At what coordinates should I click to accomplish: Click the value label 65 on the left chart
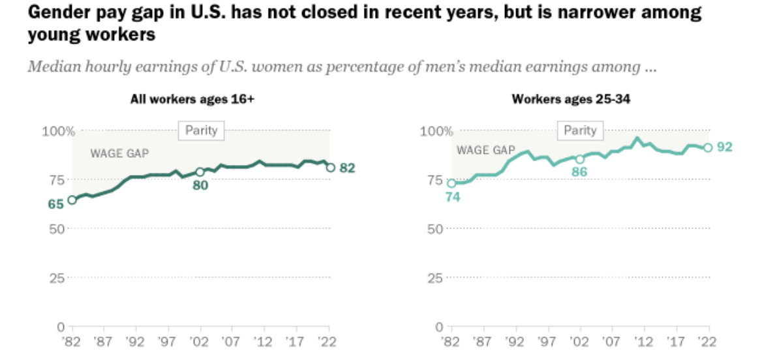55,204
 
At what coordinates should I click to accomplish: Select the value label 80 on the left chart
199,185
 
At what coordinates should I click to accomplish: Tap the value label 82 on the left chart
347,168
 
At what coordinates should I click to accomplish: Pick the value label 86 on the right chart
580,173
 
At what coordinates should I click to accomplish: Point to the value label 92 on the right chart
724,147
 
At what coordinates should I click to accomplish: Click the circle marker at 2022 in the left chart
330,168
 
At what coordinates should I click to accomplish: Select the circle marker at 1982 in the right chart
451,183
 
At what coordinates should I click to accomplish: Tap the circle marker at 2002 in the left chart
200,172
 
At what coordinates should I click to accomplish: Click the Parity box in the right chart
580,130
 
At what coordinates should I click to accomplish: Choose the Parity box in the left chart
201,130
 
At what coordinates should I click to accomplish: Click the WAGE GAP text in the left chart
119,154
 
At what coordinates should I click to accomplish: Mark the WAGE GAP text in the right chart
485,150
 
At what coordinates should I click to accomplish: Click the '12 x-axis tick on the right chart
644,342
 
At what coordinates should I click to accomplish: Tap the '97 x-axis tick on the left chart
168,342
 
